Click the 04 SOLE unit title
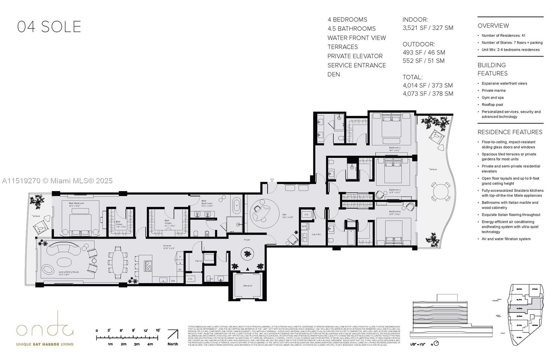[x=49, y=27]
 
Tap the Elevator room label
[x=247, y=286]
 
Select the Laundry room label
[x=316, y=234]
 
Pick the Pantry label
[x=199, y=261]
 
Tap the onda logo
[x=45, y=328]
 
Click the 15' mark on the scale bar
[x=158, y=331]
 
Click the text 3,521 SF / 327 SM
[x=428, y=28]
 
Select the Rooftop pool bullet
[x=492, y=105]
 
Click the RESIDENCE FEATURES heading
[x=510, y=132]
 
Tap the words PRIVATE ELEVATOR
[x=355, y=56]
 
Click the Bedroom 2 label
[x=394, y=148]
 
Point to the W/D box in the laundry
[x=304, y=227]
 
